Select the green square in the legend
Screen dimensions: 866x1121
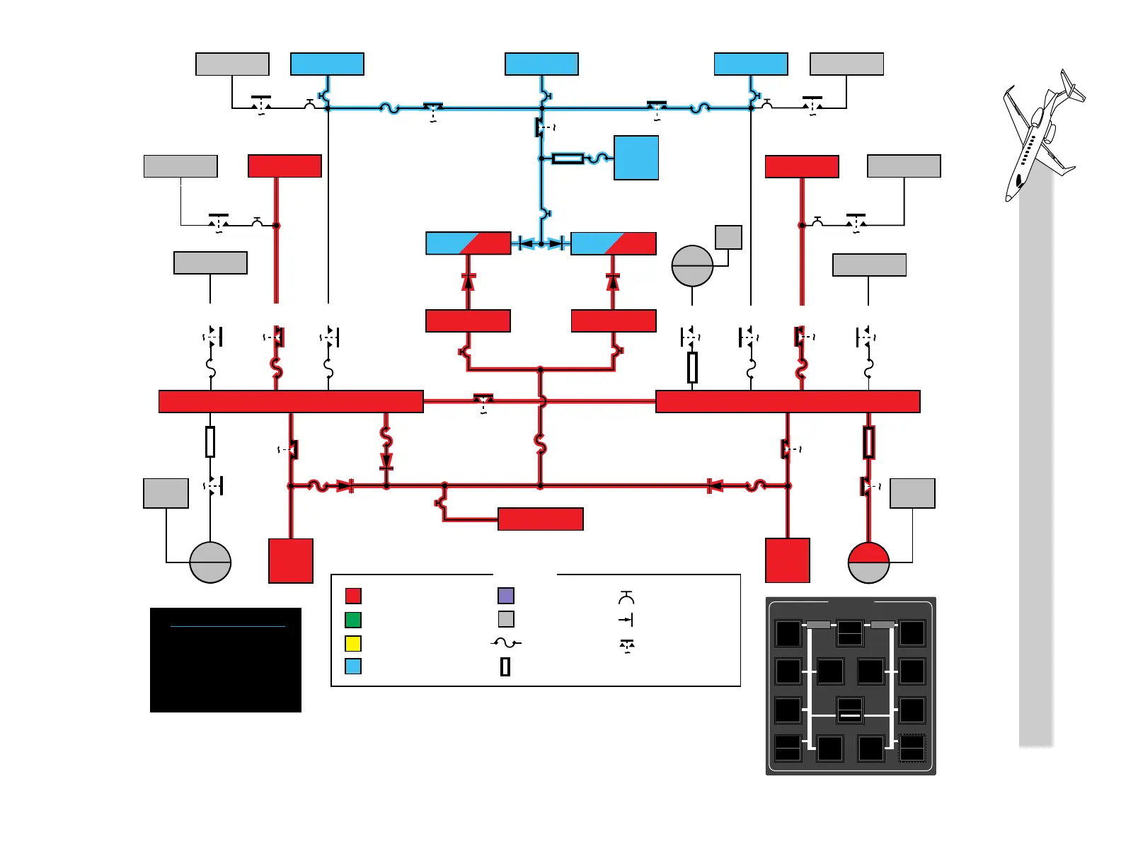click(353, 620)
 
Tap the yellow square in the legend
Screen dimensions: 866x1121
click(353, 644)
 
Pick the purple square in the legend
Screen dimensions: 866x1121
click(506, 596)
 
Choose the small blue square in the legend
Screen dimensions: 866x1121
click(353, 666)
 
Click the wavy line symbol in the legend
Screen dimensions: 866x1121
click(506, 643)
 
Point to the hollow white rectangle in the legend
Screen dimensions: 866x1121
click(505, 666)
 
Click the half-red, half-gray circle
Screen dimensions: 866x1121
click(868, 562)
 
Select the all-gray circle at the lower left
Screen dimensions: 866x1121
click(210, 562)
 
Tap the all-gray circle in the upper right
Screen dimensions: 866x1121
click(692, 266)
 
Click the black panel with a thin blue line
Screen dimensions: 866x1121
click(226, 659)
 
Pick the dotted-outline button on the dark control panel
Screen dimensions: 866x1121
click(912, 749)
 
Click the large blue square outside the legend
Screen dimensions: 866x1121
click(636, 158)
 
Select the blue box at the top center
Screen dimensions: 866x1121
click(541, 64)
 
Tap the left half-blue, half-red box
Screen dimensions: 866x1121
click(468, 243)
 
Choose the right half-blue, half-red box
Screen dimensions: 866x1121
click(613, 243)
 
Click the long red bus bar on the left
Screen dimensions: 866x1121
click(291, 401)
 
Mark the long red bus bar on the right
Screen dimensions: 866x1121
click(788, 401)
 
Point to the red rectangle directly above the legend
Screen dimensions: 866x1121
click(541, 519)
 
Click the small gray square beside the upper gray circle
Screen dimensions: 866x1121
click(728, 237)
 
